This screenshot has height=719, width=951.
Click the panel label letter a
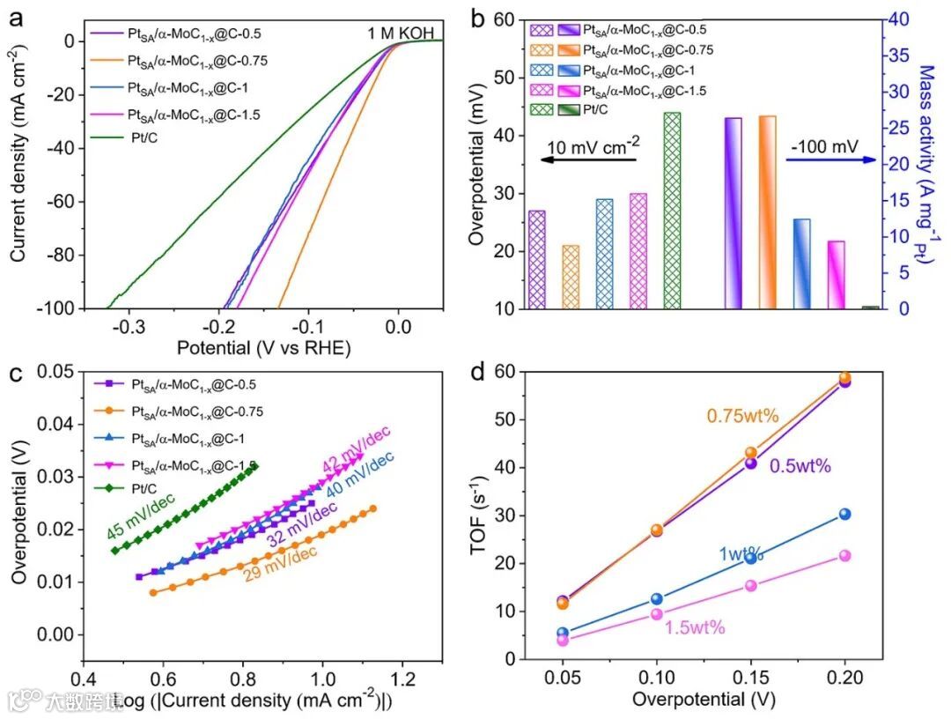(17, 16)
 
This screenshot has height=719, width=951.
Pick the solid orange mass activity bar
(767, 211)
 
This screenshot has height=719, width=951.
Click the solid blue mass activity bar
(801, 263)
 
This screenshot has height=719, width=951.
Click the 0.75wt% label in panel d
(735, 416)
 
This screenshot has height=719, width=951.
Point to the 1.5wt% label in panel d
(694, 627)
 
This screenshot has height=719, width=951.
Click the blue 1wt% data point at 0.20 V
(844, 514)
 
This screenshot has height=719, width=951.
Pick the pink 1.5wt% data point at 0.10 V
(657, 614)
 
